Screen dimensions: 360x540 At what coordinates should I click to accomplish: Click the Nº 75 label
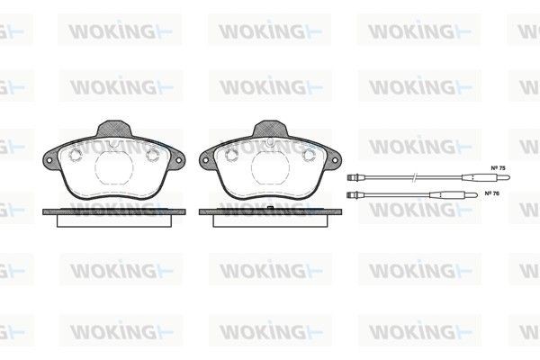(x=496, y=168)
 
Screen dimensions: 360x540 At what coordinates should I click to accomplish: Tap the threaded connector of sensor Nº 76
(x=351, y=193)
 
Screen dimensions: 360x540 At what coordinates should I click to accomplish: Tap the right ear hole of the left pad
(x=176, y=163)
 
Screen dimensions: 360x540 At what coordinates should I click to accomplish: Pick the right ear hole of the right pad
(x=333, y=163)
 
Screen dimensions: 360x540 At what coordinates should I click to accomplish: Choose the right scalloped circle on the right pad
(x=307, y=156)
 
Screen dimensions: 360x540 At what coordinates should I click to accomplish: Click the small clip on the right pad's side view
(x=271, y=209)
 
